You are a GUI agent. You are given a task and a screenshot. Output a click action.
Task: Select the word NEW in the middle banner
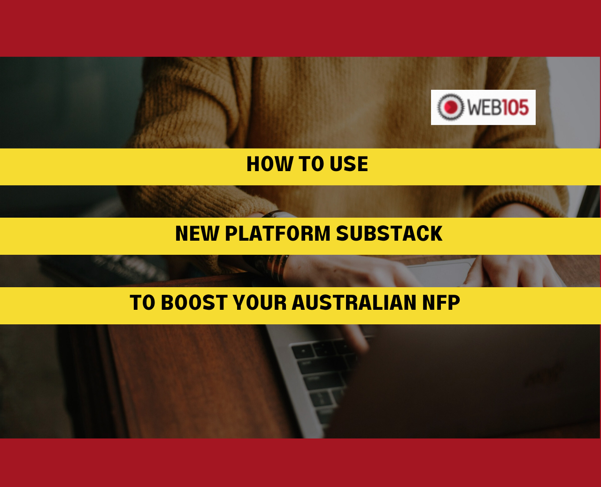[197, 233]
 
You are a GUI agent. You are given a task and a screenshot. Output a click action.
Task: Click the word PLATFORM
[277, 233]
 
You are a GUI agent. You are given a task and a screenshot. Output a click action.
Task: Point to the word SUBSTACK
[389, 233]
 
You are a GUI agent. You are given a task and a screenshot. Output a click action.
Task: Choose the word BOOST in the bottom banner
[194, 303]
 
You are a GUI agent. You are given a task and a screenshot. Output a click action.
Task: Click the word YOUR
[260, 303]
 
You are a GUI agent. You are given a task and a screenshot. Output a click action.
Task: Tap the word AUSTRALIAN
[354, 303]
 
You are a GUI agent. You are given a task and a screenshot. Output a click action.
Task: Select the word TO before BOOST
[142, 303]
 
